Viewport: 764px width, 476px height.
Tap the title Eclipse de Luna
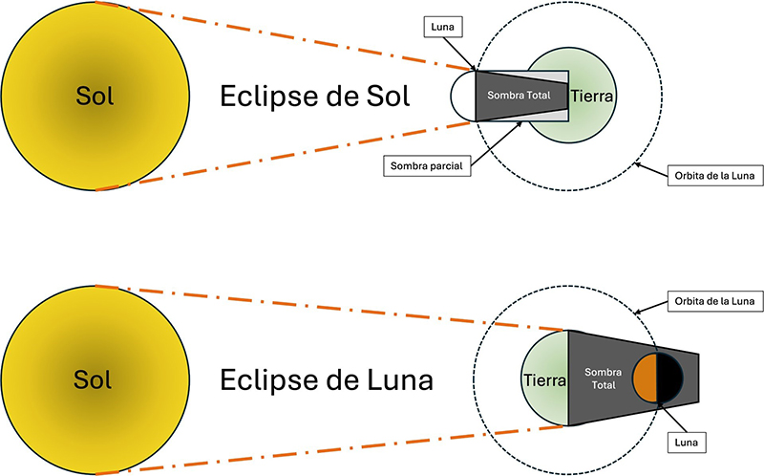coord(327,380)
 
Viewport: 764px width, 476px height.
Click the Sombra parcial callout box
coord(425,165)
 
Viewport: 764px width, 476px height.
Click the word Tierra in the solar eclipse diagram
coord(592,97)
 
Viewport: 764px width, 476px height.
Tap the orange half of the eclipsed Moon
coord(646,378)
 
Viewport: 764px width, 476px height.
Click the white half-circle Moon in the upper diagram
coord(462,97)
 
